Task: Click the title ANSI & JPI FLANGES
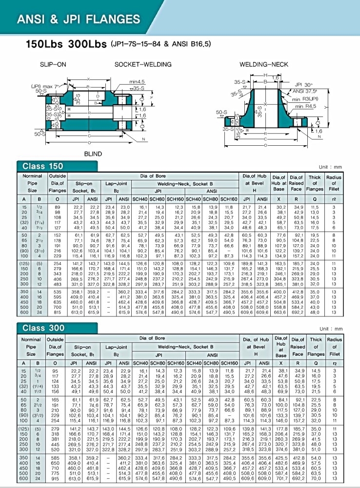(x=79, y=20)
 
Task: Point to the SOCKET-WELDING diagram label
(x=143, y=64)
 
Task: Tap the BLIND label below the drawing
(x=93, y=154)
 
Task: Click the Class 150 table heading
(x=41, y=166)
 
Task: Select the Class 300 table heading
(x=41, y=328)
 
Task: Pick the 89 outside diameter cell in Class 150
(x=58, y=208)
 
